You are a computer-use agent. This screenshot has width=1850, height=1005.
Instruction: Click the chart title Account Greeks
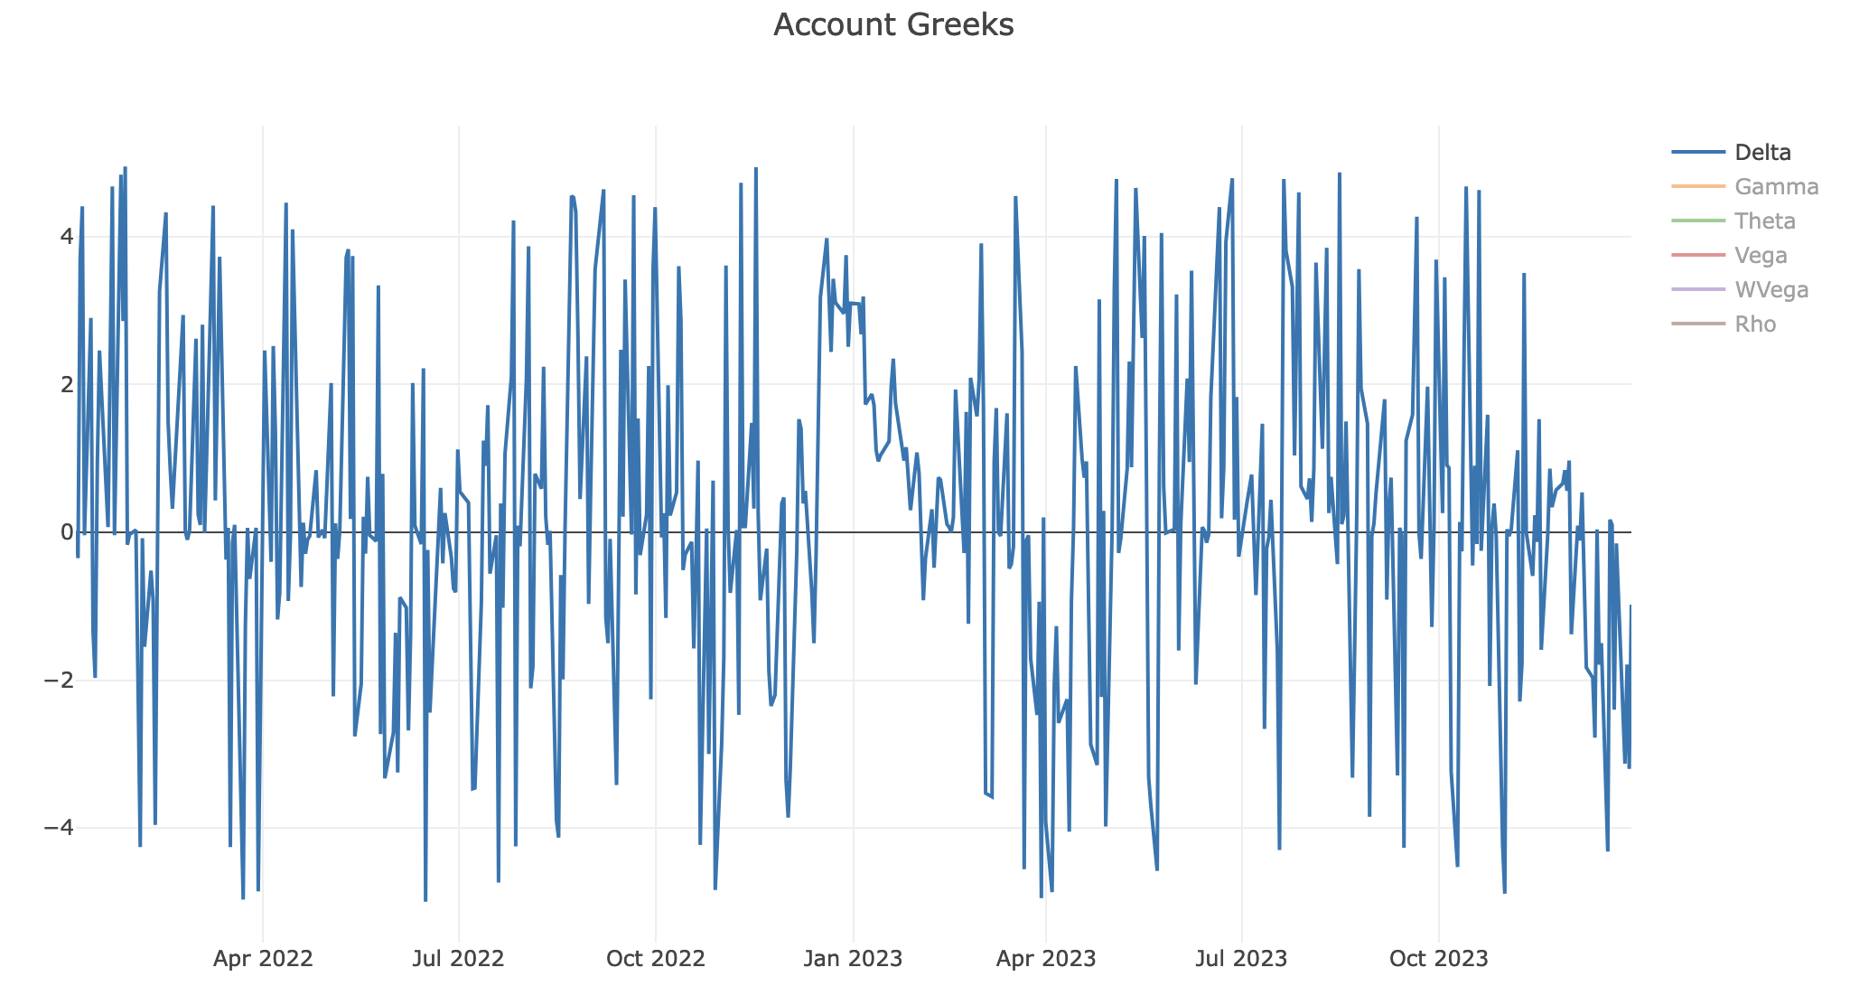pyautogui.click(x=893, y=25)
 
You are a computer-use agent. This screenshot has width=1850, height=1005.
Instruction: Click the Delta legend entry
pyautogui.click(x=1763, y=153)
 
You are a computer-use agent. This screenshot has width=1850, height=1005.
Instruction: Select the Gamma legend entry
pyautogui.click(x=1776, y=187)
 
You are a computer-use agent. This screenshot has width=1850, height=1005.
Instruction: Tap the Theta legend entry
pyautogui.click(x=1765, y=221)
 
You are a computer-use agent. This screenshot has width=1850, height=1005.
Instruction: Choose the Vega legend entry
pyautogui.click(x=1761, y=256)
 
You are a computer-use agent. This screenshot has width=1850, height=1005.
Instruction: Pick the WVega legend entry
pyautogui.click(x=1771, y=290)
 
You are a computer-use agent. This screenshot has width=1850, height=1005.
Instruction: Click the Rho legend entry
pyautogui.click(x=1755, y=324)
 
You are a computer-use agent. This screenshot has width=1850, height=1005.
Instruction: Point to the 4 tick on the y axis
pyautogui.click(x=66, y=237)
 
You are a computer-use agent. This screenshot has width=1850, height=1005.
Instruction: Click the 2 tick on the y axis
pyautogui.click(x=66, y=384)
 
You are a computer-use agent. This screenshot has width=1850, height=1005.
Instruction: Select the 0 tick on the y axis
pyautogui.click(x=66, y=532)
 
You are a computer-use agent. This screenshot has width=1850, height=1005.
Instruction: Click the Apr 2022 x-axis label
pyautogui.click(x=263, y=959)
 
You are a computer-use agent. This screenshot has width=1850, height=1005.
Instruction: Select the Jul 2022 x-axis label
pyautogui.click(x=458, y=959)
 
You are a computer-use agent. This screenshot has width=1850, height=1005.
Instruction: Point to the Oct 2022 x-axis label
pyautogui.click(x=656, y=959)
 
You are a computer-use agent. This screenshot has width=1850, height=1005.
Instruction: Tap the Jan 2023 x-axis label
pyautogui.click(x=853, y=959)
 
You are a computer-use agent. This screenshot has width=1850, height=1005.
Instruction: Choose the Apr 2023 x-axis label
pyautogui.click(x=1046, y=959)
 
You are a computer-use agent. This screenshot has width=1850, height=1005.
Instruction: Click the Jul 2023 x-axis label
pyautogui.click(x=1242, y=959)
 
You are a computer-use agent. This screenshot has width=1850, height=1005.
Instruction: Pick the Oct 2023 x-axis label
pyautogui.click(x=1439, y=959)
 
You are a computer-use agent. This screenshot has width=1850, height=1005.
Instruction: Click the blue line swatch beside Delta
pyautogui.click(x=1698, y=153)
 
